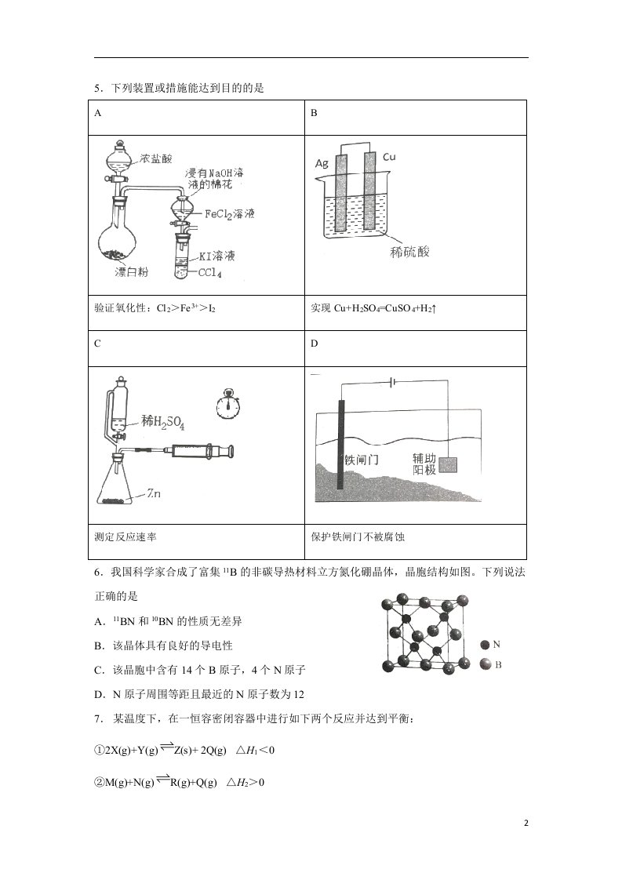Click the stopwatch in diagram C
point(228,403)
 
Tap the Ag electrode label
point(322,163)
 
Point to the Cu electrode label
point(389,157)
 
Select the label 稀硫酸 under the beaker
point(409,252)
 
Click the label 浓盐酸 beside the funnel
point(155,159)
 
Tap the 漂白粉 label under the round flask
point(131,272)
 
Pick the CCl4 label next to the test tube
point(210,273)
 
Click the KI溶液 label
point(216,256)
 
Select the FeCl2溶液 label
point(229,214)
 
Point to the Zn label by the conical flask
point(153,493)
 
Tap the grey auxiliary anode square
point(448,465)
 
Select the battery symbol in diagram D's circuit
point(392,382)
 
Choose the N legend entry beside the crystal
point(491,645)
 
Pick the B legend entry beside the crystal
point(491,665)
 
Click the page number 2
point(526,824)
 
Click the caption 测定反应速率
point(125,537)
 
